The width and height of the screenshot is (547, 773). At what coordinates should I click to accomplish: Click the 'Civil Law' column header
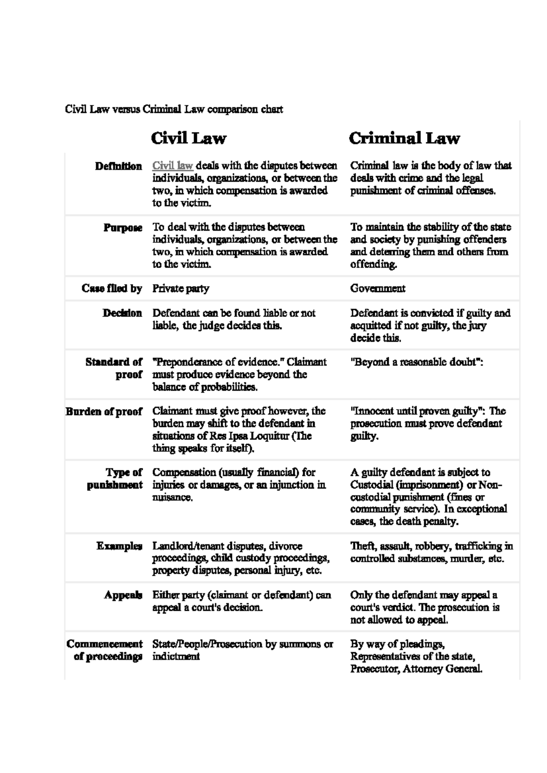(x=188, y=138)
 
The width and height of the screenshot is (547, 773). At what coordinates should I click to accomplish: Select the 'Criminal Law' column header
(x=404, y=138)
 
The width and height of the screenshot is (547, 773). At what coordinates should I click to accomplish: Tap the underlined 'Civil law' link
(x=173, y=165)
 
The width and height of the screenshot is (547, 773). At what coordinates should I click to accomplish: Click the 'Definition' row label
(x=119, y=166)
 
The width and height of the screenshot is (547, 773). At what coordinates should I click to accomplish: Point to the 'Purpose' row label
(x=123, y=227)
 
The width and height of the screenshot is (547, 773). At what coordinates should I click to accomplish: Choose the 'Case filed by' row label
(x=112, y=289)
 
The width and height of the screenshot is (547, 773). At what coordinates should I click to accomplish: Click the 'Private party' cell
(x=181, y=289)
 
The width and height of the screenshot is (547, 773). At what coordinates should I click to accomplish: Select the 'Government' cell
(x=377, y=289)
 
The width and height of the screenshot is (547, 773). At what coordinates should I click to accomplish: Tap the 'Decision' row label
(x=122, y=313)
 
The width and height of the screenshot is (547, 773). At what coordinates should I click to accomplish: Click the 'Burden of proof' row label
(x=104, y=412)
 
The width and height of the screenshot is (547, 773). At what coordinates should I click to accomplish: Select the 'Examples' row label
(x=119, y=546)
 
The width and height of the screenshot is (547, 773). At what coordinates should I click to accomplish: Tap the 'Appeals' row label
(x=123, y=595)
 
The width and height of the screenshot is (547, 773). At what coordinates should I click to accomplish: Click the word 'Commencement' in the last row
(x=104, y=644)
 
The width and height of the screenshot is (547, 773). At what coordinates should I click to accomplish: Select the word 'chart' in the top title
(x=272, y=109)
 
